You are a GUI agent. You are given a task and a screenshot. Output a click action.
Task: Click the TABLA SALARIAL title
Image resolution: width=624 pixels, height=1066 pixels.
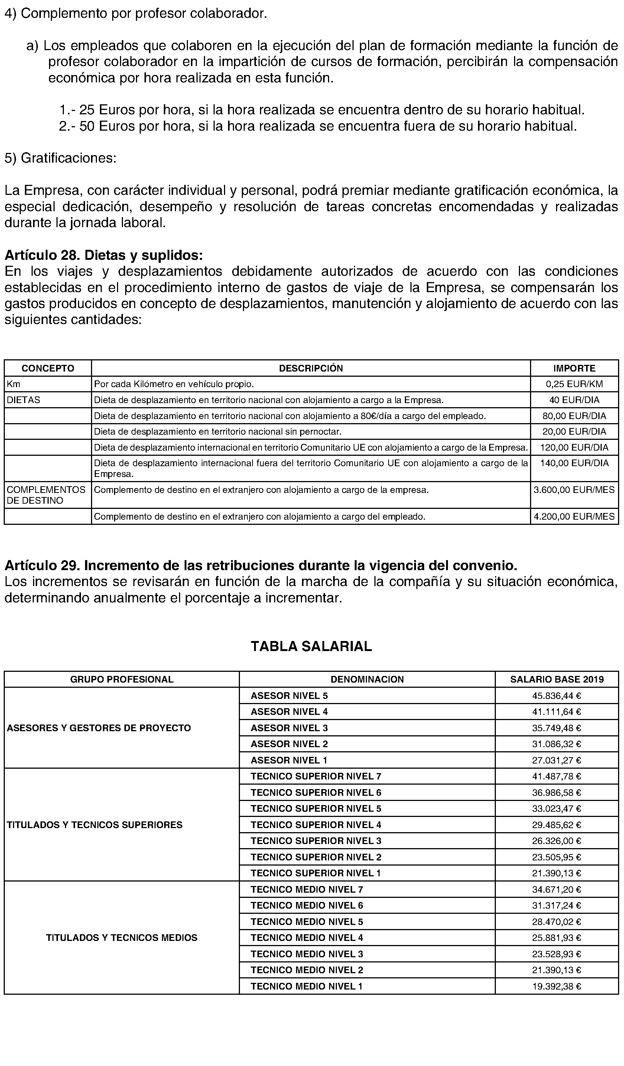[311, 646]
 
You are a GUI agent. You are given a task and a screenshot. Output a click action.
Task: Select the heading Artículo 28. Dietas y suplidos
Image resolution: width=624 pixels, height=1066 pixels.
[104, 255]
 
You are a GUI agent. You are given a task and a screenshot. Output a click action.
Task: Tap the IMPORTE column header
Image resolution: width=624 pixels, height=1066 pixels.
[574, 368]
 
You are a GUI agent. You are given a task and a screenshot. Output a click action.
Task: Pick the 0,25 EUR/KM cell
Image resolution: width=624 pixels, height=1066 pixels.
[574, 384]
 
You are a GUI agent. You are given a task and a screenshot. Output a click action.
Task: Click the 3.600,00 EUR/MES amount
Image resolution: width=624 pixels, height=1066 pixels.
[574, 490]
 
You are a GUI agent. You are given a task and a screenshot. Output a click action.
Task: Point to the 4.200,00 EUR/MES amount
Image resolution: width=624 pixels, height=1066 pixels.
[574, 517]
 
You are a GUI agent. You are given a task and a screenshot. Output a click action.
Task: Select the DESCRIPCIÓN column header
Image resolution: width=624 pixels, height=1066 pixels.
[311, 368]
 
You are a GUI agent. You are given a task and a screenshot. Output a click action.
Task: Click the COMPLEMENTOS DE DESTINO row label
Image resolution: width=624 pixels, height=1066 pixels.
[46, 495]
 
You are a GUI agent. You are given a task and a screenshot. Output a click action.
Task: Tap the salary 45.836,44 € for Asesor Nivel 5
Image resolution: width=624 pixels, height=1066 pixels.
[556, 696]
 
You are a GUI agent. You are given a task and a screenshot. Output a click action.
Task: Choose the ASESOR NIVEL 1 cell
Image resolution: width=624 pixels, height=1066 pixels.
[289, 760]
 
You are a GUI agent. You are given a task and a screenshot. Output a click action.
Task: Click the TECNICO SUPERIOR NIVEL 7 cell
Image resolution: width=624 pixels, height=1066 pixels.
[316, 776]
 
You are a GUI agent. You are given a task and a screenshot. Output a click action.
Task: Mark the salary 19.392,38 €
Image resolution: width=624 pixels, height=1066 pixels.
[556, 986]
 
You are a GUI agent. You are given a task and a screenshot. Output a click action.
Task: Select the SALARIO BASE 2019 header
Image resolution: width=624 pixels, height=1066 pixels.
[557, 679]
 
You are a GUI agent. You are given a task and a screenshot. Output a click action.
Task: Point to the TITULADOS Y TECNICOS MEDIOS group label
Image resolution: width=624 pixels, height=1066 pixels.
[121, 938]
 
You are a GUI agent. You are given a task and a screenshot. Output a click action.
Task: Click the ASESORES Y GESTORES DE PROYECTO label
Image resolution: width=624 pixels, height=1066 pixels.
[99, 728]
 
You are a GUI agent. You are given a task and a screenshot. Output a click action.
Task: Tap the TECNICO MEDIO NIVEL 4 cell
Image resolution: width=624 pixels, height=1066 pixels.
[306, 938]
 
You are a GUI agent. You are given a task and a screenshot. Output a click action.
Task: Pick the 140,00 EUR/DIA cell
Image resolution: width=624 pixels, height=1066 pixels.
[574, 463]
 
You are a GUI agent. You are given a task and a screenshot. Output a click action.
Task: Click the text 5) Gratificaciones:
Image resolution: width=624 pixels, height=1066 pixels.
[60, 158]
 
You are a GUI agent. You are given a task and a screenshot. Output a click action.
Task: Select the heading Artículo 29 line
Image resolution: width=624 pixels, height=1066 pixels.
[260, 565]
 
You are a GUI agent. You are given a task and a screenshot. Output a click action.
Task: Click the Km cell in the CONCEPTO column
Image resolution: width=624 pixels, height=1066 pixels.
[13, 384]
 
